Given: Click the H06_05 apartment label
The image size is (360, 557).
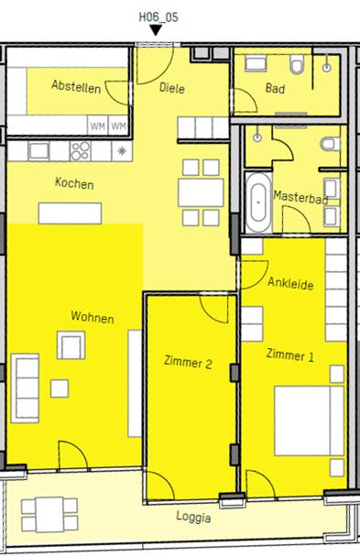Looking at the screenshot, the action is click(158, 17).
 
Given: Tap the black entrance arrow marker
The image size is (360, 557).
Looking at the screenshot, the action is click(156, 30).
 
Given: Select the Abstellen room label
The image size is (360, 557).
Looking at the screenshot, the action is click(76, 86).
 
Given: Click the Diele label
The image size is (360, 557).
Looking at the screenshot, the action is click(172, 87).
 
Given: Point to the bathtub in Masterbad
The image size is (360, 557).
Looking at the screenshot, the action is click(258, 202).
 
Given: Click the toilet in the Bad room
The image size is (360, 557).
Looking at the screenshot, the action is click(297, 64).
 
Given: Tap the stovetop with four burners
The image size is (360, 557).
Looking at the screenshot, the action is click(81, 151).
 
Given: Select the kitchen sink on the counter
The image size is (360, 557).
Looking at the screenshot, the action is click(38, 151).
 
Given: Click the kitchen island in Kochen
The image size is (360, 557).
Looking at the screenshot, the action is click(70, 213).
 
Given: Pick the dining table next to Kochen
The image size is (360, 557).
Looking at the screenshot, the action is click(201, 193).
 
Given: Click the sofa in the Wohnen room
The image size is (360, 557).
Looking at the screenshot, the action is click(25, 388).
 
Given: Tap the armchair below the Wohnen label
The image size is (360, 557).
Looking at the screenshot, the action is click(71, 345).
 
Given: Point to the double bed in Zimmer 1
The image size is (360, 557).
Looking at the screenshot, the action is click(310, 420).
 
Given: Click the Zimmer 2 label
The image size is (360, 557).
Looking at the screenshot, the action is click(188, 363).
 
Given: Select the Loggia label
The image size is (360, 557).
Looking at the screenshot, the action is click(194, 518).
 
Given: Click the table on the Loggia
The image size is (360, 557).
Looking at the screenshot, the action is click(49, 514).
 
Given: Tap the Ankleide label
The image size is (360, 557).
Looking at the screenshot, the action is click(290, 283).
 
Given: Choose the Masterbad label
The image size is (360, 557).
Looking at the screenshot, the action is click(300, 197).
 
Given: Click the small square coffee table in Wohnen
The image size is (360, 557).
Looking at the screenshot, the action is click(60, 388).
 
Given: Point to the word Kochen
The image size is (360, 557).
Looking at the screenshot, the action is click(74, 183).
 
